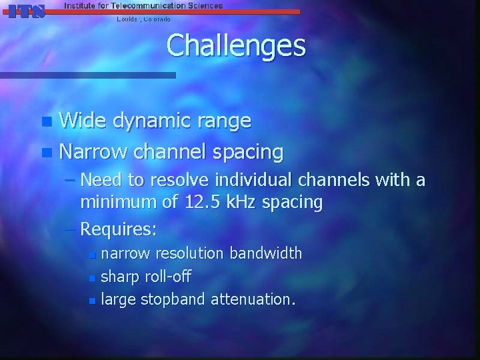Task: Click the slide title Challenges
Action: coord(236,46)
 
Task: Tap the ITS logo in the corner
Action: coord(27,11)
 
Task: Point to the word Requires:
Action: coord(119,229)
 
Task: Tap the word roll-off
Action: coord(174,277)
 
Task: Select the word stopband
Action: coord(173,300)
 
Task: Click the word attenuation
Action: coord(253,300)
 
